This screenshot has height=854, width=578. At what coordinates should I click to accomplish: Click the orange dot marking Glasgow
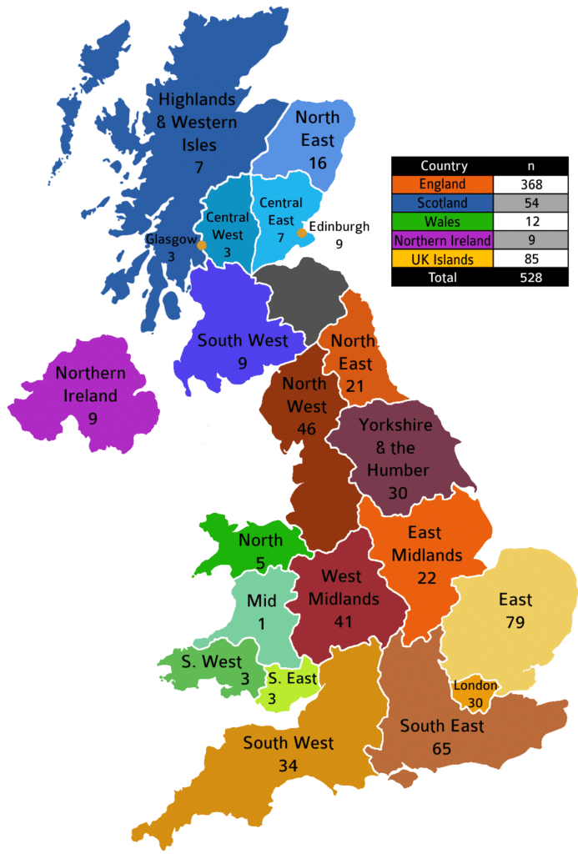pos(201,245)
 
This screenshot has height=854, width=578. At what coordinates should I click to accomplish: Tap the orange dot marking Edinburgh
pos(302,233)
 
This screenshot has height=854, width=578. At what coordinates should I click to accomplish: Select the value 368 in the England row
pos(527,184)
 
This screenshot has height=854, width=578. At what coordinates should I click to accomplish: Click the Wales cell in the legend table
pos(442,222)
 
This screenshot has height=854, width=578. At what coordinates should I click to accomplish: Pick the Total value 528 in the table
pos(527,278)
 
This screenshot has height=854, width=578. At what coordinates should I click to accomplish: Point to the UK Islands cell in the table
pos(442,259)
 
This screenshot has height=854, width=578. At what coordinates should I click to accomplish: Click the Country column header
pos(442,166)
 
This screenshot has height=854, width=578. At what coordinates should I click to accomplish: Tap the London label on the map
pos(475,686)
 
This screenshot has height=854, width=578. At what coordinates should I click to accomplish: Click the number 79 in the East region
pos(515,622)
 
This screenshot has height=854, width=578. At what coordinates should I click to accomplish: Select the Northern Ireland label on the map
pos(91,384)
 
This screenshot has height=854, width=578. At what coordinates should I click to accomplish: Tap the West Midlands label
pos(344,587)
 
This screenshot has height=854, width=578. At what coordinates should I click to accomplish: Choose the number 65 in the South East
pos(441,749)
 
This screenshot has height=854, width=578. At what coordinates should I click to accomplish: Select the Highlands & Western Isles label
pos(197,122)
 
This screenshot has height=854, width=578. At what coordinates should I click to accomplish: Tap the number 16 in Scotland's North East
pos(317,163)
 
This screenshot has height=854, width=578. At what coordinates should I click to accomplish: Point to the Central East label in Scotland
pos(281,212)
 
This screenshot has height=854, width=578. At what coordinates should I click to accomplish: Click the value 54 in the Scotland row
pos(527,203)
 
